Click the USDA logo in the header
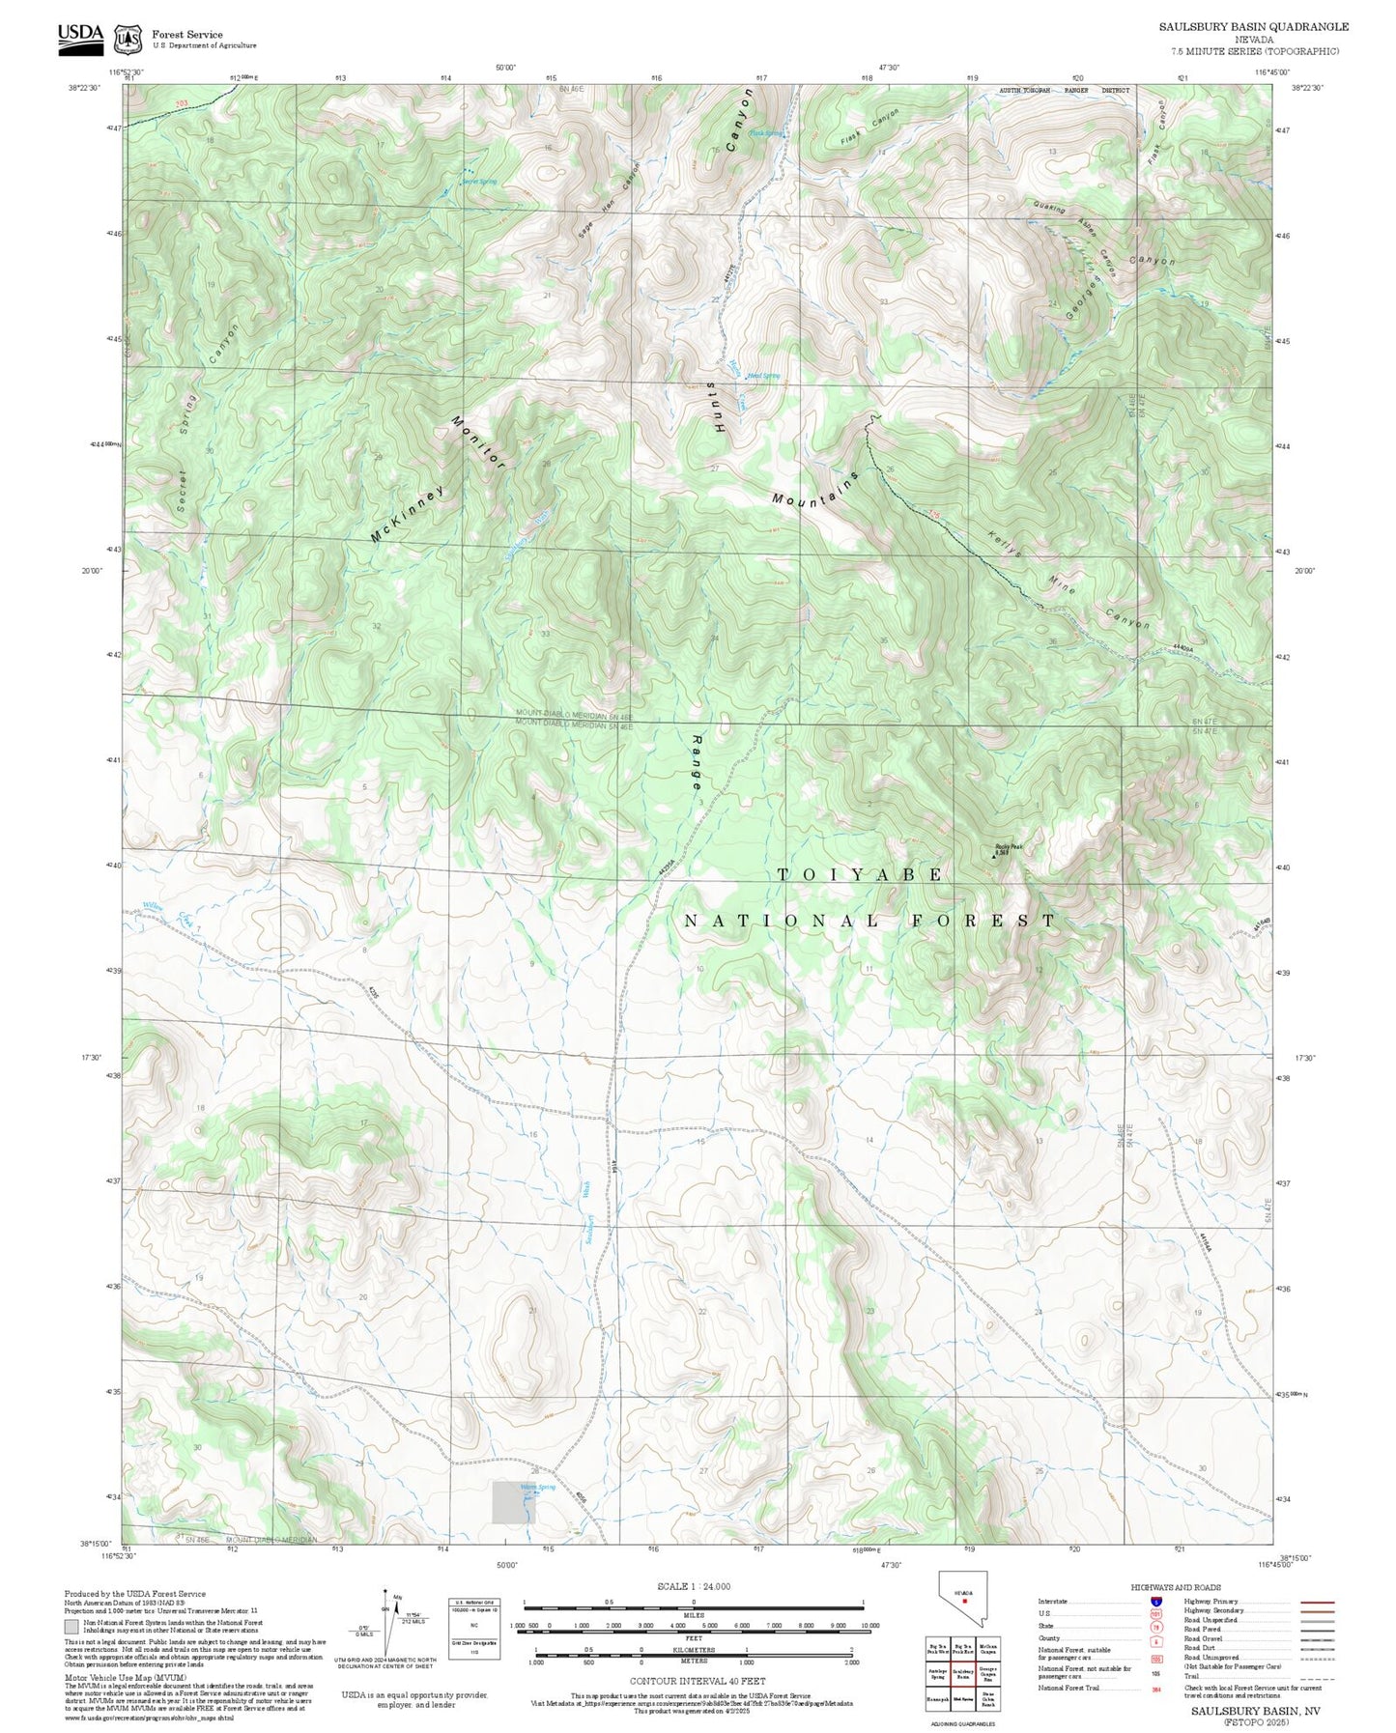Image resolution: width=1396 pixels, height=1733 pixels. tap(79, 35)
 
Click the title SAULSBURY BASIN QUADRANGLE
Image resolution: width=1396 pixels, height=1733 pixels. tap(1254, 27)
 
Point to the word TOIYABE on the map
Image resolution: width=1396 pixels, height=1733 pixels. tap(860, 875)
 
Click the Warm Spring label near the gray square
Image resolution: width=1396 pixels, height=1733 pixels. tap(537, 1487)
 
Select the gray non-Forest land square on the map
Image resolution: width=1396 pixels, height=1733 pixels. tap(513, 1502)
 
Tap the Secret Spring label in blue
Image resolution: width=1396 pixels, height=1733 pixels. tap(478, 182)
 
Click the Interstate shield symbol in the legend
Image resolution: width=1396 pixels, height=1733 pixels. tap(1155, 1601)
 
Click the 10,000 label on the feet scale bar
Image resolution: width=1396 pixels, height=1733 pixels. tap(869, 1625)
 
